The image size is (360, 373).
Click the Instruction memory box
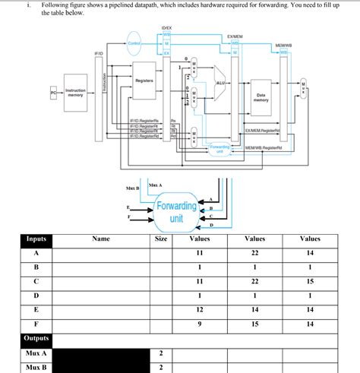(x=75, y=93)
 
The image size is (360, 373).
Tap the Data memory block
(x=261, y=97)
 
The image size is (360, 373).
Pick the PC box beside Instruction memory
(x=53, y=91)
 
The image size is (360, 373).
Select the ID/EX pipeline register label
(x=167, y=29)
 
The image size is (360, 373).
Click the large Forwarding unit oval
(x=176, y=210)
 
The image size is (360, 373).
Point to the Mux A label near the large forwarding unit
(x=155, y=184)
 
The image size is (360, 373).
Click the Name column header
(x=101, y=239)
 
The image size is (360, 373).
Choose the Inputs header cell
(x=36, y=239)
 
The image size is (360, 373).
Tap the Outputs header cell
(x=36, y=338)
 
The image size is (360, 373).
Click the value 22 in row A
(x=255, y=253)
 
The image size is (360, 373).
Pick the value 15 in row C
(x=310, y=281)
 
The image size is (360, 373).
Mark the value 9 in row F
(x=200, y=324)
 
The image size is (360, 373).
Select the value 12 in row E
(x=200, y=309)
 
